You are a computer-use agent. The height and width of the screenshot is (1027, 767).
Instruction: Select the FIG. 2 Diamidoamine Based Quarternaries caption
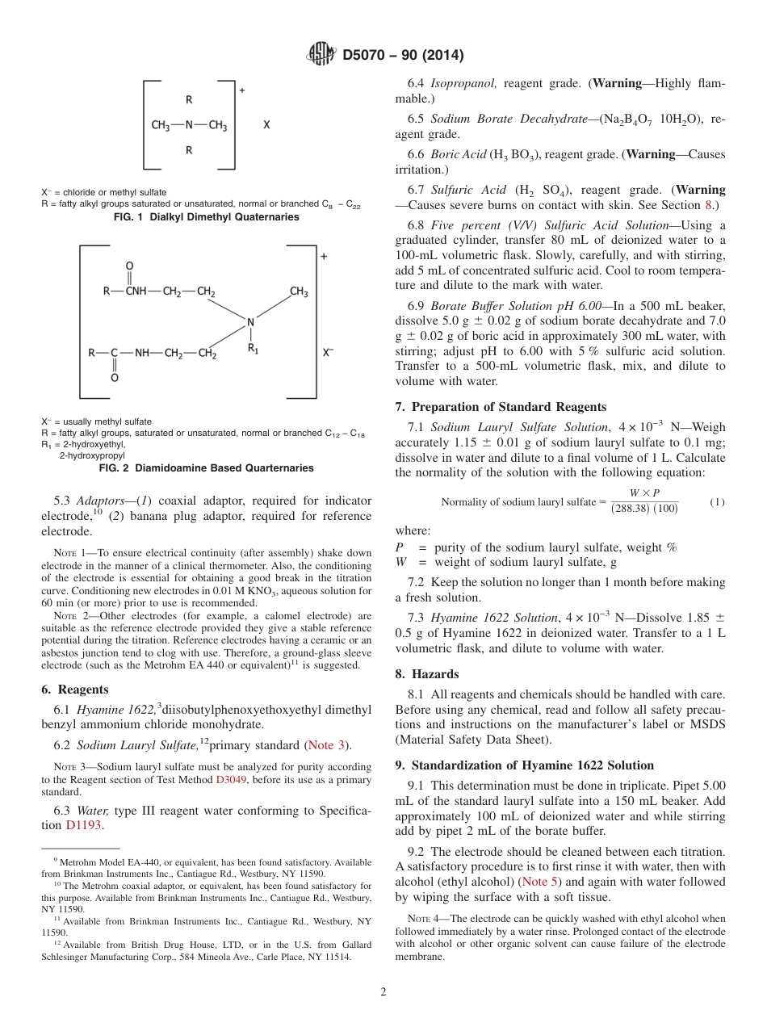tap(206, 468)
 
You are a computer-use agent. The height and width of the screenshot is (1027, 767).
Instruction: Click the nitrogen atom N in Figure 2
tap(250, 323)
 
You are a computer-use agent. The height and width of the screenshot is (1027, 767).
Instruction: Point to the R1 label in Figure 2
tap(253, 349)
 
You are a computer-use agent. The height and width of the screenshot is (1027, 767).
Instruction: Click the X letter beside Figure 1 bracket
tap(266, 126)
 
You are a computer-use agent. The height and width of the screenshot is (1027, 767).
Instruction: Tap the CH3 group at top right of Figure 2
tap(299, 292)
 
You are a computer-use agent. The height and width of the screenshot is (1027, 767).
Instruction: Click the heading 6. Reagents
tap(74, 690)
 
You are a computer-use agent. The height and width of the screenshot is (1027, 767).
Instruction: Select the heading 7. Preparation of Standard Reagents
tap(501, 407)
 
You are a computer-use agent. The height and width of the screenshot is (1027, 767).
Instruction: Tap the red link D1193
tap(85, 825)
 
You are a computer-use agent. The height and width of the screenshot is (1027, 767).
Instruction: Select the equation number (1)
tap(717, 502)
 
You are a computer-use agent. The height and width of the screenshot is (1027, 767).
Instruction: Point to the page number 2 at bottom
tap(383, 992)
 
